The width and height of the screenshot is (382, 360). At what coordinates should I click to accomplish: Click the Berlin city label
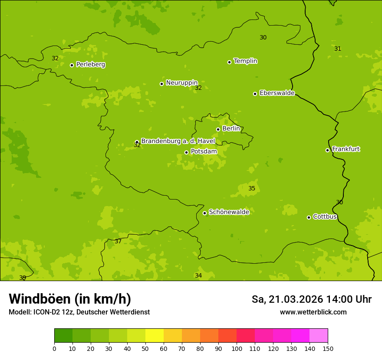[x=231, y=129]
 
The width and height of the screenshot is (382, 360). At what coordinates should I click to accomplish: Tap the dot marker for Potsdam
[x=186, y=152]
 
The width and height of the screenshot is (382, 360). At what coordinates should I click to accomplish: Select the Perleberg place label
[x=91, y=65]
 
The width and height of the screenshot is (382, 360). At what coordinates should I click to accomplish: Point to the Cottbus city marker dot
[x=309, y=217]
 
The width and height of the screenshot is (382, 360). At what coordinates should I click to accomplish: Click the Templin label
[x=245, y=61]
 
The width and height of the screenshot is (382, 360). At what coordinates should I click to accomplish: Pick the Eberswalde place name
[x=277, y=93]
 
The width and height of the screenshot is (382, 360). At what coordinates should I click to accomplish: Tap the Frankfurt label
[x=346, y=149]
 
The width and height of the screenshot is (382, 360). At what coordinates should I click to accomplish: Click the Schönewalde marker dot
[x=204, y=213]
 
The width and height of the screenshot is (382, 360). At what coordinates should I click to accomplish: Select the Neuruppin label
[x=181, y=83]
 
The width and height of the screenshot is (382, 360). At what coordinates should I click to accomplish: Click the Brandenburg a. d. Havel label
[x=178, y=141]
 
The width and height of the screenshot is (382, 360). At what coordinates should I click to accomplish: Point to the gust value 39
[x=23, y=278]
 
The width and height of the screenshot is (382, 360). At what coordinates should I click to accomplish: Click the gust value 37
[x=118, y=242]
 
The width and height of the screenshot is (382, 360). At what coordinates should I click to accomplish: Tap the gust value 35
[x=252, y=189]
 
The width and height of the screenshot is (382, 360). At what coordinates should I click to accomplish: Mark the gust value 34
[x=198, y=276]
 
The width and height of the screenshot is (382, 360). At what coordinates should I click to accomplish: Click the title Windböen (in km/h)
[x=70, y=299]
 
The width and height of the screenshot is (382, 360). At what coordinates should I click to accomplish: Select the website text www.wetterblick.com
[x=313, y=312]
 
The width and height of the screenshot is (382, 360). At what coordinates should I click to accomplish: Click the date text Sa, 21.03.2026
[x=287, y=299]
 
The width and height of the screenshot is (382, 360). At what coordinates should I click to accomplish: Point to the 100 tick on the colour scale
[x=237, y=348]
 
